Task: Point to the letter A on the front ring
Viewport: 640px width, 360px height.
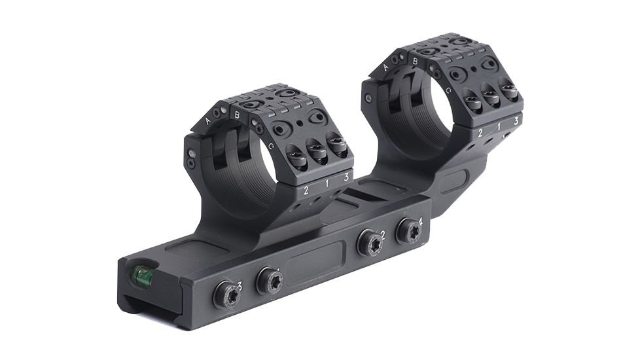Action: [x=208, y=121]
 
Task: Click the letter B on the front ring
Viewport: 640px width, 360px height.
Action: [x=238, y=115]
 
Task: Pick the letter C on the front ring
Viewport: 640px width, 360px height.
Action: [x=270, y=147]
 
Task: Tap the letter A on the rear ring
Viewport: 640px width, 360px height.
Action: [x=385, y=67]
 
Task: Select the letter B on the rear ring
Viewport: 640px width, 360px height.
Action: [x=415, y=62]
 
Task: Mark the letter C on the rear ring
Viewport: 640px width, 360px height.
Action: [x=448, y=90]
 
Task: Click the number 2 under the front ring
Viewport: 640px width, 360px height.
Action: [x=306, y=190]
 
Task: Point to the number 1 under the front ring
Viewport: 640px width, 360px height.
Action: [x=327, y=183]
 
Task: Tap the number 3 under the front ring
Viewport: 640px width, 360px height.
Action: [x=346, y=176]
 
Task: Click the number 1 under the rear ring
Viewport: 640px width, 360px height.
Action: [x=500, y=127]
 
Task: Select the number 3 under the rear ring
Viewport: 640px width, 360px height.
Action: [x=516, y=120]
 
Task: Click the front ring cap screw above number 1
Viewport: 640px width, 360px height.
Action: [x=318, y=154]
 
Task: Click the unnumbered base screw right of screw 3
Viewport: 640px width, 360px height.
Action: [x=269, y=281]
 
